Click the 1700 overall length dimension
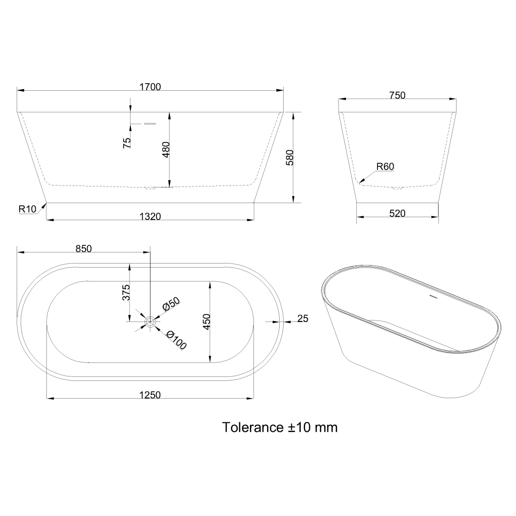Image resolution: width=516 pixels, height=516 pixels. click(150, 87)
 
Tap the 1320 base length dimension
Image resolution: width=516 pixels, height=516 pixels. click(150, 217)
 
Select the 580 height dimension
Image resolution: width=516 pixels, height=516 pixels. click(290, 157)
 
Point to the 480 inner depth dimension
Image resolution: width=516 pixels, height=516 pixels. click(166, 149)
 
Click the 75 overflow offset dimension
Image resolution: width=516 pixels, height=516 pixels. click(126, 143)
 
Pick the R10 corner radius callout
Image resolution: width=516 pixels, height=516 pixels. click(27, 209)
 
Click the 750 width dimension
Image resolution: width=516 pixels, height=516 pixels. click(397, 95)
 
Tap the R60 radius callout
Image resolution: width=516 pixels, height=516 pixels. click(385, 166)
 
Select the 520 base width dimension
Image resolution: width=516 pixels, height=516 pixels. click(397, 214)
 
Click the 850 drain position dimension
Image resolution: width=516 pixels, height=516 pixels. click(84, 249)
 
